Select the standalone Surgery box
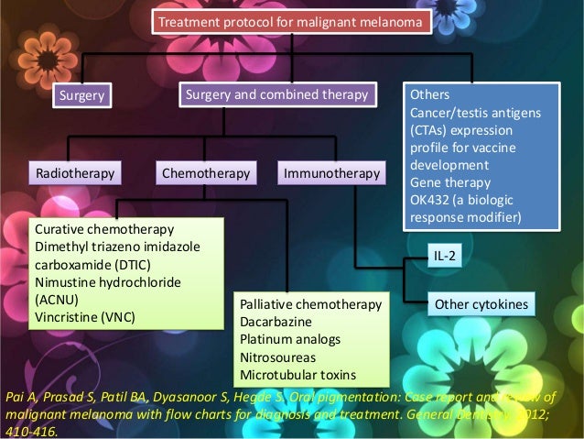point(81,95)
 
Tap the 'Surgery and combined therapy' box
point(276,94)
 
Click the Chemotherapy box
point(204,172)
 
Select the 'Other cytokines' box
point(479,304)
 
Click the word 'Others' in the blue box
point(429,94)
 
